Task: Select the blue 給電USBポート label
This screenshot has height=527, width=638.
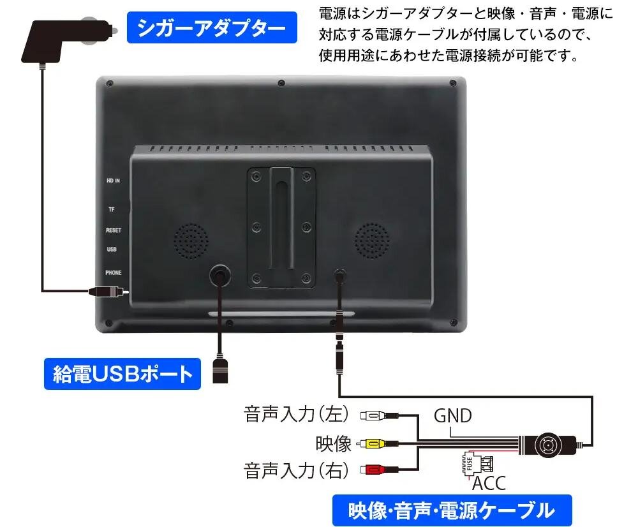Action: coord(122,373)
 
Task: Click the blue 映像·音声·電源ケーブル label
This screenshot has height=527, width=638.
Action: coord(452,510)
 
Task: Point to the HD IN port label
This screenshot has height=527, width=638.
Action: coord(114,181)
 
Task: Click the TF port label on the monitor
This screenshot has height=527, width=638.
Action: coord(112,209)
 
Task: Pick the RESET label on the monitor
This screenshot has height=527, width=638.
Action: coord(114,230)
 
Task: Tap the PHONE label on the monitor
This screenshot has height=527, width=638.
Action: coord(114,272)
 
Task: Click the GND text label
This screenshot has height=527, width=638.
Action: coord(452,416)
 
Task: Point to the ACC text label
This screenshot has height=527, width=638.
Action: coord(489,483)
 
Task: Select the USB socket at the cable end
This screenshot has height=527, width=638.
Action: coord(221,372)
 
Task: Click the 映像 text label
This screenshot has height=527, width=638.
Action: coord(334,443)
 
